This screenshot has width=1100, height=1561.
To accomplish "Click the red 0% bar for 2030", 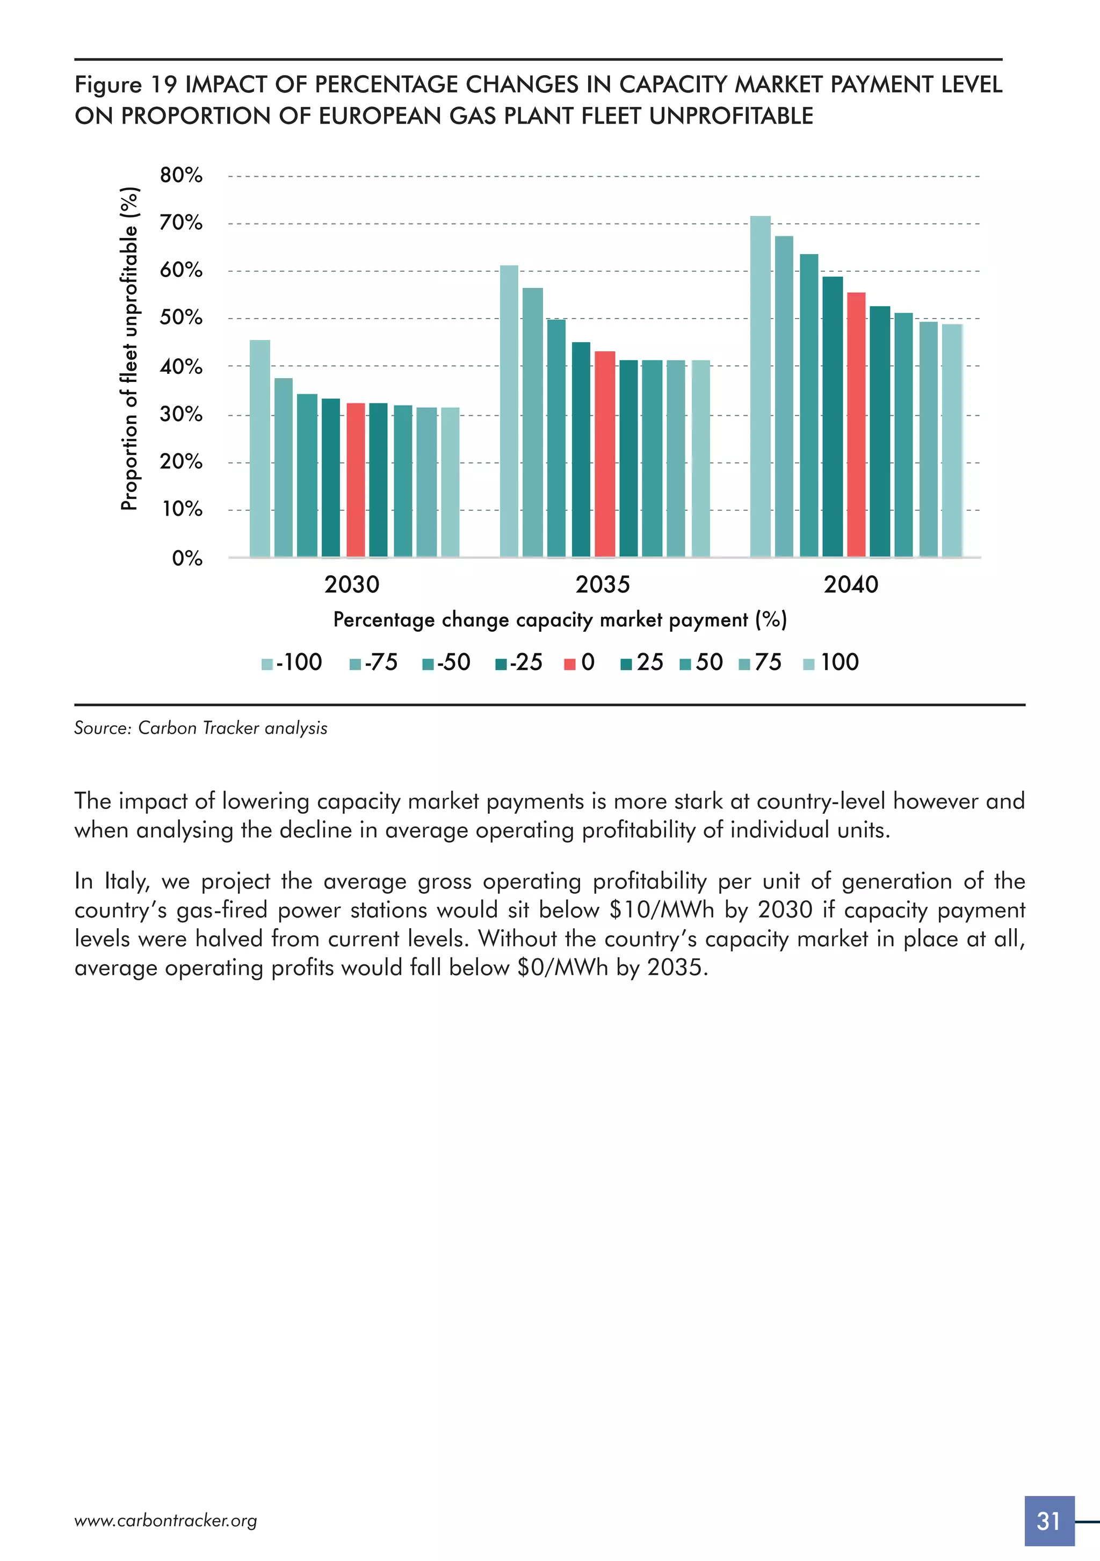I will coord(356,479).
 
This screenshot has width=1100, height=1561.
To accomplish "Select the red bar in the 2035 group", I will coord(604,453).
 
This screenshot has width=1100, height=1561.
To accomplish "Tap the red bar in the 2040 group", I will coord(856,424).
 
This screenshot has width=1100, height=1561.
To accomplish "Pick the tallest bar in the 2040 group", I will coord(760,386).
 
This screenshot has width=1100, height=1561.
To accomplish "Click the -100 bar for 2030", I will coord(260,448).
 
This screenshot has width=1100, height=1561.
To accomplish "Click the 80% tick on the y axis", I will coord(181,176).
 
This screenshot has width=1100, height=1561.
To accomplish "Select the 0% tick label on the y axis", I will coord(187,558).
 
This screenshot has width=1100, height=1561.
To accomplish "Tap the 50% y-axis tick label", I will coord(181,317).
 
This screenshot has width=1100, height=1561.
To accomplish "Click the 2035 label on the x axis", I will coord(602,584).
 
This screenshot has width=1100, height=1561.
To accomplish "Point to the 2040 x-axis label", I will coord(850,584).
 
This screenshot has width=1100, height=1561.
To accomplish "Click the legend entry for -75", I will coord(373,662).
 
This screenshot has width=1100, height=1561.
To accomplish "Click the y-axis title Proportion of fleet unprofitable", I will coord(129,348).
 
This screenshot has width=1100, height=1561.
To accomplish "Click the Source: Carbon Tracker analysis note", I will coord(200,728).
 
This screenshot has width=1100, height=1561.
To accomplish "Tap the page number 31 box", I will coord(1048,1521).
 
